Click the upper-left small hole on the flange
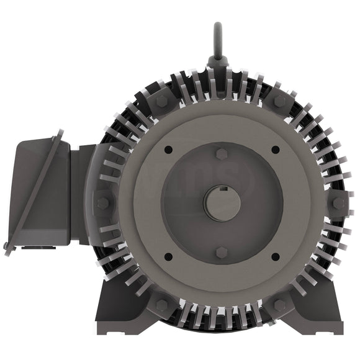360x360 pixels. click(x=168, y=150)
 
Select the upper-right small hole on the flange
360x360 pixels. click(x=275, y=150)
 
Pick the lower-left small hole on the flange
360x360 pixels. click(x=168, y=256)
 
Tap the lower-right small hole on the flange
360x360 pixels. click(x=275, y=256)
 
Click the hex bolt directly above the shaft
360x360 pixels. click(x=222, y=153)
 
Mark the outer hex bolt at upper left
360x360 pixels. click(x=162, y=101)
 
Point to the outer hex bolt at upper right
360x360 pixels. click(x=281, y=101)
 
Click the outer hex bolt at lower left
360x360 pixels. click(x=162, y=305)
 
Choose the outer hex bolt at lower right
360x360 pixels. click(x=281, y=305)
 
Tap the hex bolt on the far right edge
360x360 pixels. click(x=338, y=203)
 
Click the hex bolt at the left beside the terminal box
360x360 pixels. click(x=103, y=203)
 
